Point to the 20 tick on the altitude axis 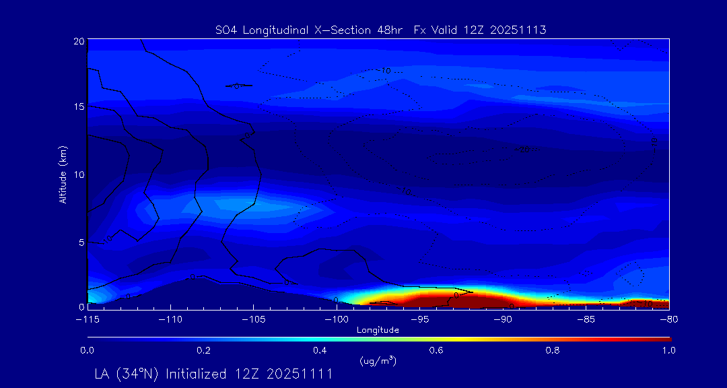79,41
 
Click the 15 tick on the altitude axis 79,106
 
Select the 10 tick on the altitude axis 79,174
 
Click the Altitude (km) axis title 63,174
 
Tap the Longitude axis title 378,330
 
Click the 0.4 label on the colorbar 320,350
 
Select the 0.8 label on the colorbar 553,350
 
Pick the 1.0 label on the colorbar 668,350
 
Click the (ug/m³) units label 378,361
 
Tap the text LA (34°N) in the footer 127,374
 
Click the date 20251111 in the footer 301,374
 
